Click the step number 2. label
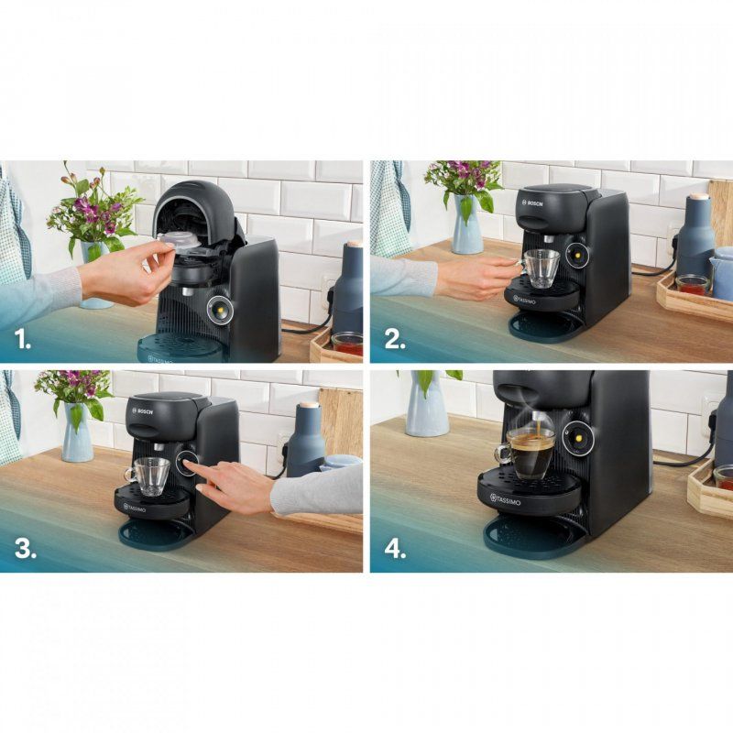394,340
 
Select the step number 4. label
395,549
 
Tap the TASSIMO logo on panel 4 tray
509,499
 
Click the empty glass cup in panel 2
542,268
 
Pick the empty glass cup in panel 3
150,475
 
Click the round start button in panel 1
220,310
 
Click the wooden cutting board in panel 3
341,421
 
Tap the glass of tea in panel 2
692,284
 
